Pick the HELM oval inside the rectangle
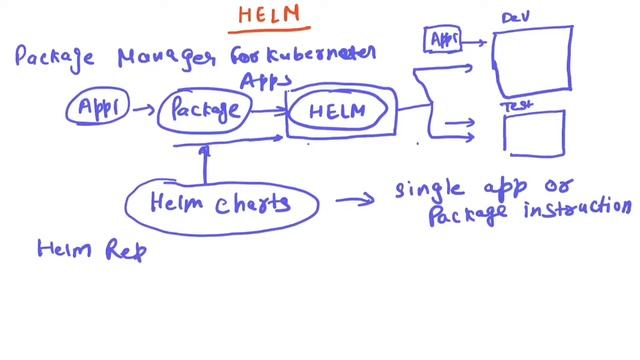click(336, 112)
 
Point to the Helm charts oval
click(222, 203)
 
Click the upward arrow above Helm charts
click(204, 166)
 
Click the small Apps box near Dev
click(441, 39)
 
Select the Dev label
click(514, 17)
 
